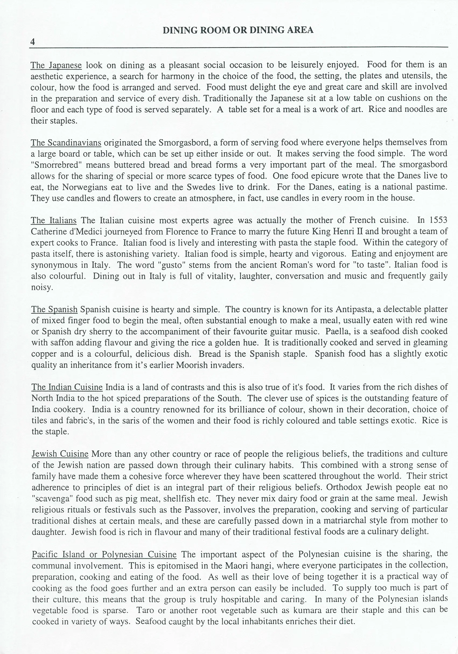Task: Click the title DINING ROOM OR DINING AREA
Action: coord(238,30)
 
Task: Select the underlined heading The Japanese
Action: coord(56,65)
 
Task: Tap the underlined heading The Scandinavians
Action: coord(66,142)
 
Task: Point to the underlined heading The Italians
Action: coord(54,220)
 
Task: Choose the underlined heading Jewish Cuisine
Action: coord(60,454)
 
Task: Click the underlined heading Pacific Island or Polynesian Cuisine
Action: coord(104,554)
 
